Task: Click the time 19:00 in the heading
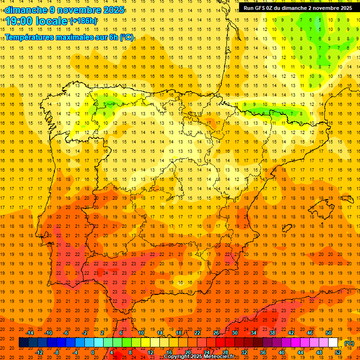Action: [19, 21]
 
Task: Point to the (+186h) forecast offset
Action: [83, 21]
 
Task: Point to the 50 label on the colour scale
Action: [329, 333]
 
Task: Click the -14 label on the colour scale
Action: [30, 333]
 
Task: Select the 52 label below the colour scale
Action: [338, 352]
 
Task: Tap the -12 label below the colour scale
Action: [39, 352]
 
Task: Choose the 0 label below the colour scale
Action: [93, 352]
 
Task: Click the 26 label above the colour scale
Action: [216, 333]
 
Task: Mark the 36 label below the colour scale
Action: [263, 352]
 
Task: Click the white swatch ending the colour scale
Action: [333, 342]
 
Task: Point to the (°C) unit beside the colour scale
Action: [349, 343]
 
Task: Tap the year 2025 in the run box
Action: [345, 8]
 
